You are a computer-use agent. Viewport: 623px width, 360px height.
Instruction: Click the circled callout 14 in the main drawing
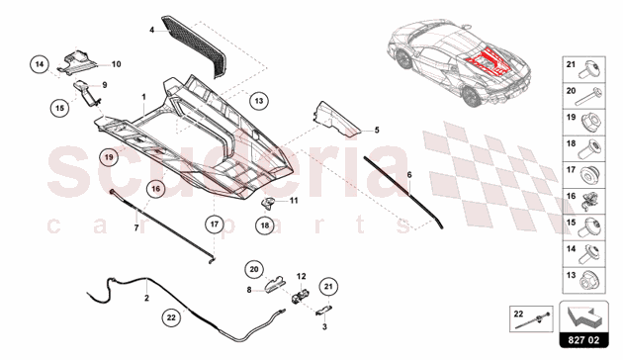pos(40,65)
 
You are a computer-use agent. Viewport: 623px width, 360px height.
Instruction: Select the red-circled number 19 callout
pos(109,156)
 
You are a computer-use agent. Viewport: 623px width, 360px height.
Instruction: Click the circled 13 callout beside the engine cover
pos(258,100)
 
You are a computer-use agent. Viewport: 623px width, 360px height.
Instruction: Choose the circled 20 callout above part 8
pos(253,267)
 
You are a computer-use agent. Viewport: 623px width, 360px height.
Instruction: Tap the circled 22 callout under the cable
pos(171,318)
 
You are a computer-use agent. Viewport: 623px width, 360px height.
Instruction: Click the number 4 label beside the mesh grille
pos(152,31)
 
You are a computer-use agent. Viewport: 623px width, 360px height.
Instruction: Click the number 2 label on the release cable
pos(146,297)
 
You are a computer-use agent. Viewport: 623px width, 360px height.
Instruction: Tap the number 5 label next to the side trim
pos(376,130)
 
